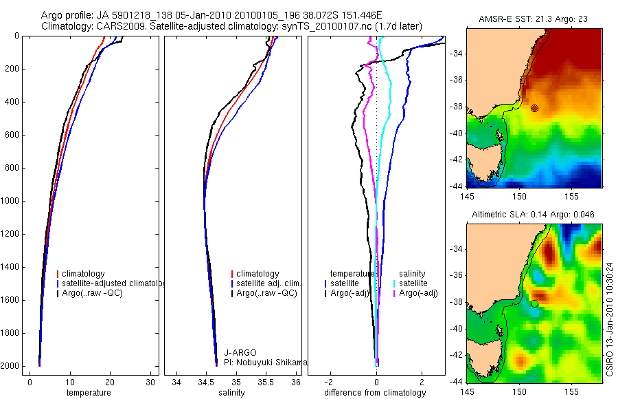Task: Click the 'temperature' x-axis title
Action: tap(88, 393)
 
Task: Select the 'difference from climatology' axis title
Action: tap(376, 393)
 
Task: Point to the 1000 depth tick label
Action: tap(10, 201)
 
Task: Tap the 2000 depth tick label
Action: tap(10, 366)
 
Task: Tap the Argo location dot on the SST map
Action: tap(534, 108)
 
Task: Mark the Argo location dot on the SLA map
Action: tap(534, 303)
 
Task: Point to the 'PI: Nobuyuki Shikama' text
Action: tap(264, 362)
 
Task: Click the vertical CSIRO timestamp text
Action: tap(609, 318)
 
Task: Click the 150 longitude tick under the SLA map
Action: tap(518, 391)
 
